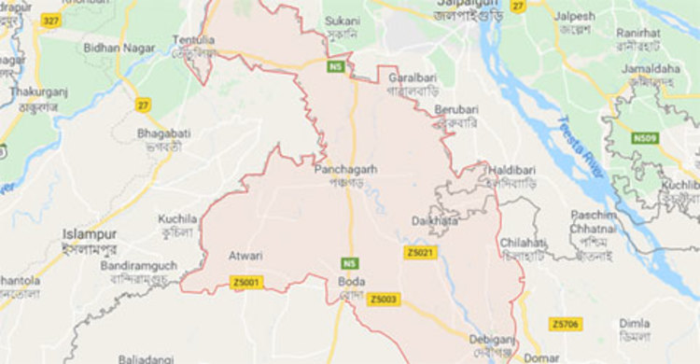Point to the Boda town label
pos(352,281)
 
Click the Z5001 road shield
pos(247,282)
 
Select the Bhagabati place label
pos(163,134)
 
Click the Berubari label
pos(455,108)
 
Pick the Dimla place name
pos(635,323)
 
